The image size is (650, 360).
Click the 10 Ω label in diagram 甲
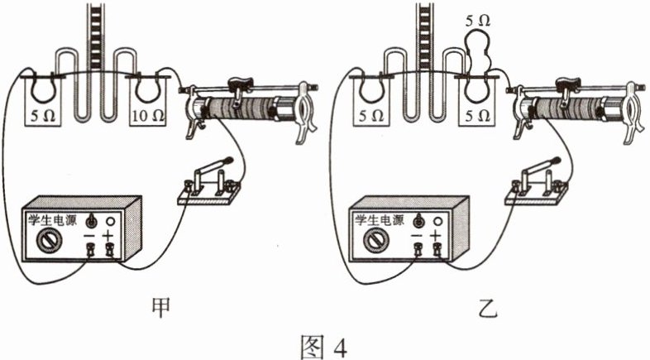tap(149, 117)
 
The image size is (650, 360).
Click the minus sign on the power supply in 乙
tap(419, 237)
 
